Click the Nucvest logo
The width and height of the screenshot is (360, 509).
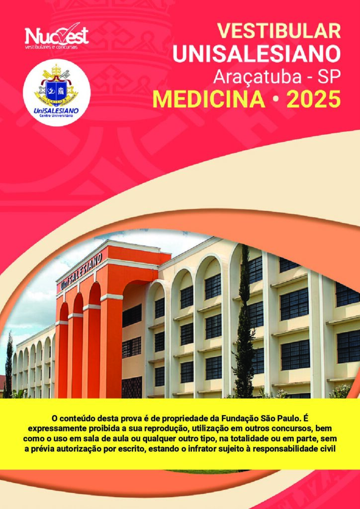tap(57, 36)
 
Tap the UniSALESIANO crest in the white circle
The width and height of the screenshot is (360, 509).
tap(57, 85)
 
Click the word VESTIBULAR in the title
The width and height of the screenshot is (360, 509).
tap(279, 31)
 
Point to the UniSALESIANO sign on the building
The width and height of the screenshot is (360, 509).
tap(81, 271)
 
